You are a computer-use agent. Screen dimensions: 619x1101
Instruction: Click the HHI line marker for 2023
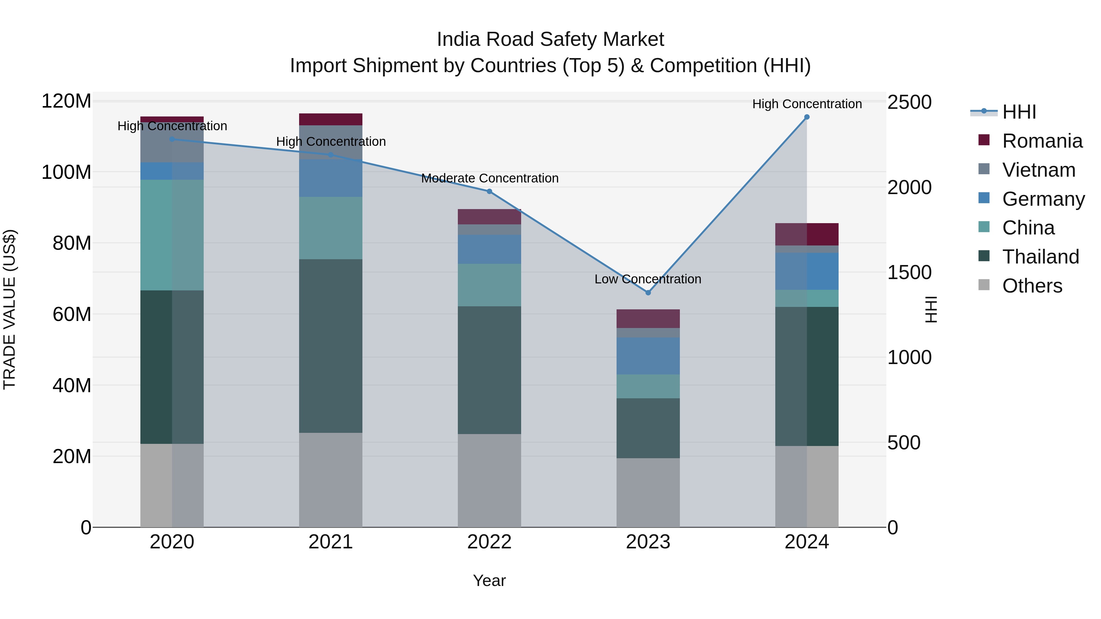coord(648,293)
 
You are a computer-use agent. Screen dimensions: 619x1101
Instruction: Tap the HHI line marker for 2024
coord(806,117)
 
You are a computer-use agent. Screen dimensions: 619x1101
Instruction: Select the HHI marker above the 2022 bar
coord(489,191)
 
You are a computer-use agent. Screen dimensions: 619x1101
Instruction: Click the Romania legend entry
coord(1042,141)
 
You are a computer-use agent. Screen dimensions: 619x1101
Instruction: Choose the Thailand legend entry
coord(1040,257)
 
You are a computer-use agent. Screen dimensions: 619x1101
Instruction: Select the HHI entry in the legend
coord(1019,112)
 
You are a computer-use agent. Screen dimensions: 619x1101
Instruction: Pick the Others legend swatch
coord(984,285)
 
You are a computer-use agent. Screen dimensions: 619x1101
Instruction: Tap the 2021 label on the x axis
coord(330,542)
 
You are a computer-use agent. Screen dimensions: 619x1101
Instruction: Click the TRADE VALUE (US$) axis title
coord(9,309)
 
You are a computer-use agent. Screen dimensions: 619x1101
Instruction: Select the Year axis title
coord(489,580)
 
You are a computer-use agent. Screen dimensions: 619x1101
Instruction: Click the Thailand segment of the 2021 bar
coord(330,346)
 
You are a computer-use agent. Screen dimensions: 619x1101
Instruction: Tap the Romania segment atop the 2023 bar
coord(648,319)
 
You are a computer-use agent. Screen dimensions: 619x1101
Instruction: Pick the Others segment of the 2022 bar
coord(489,481)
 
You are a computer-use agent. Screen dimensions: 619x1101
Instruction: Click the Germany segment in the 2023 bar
coord(648,356)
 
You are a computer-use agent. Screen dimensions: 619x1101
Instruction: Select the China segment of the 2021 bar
coord(330,228)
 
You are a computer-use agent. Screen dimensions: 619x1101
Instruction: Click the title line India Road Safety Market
coord(550,39)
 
